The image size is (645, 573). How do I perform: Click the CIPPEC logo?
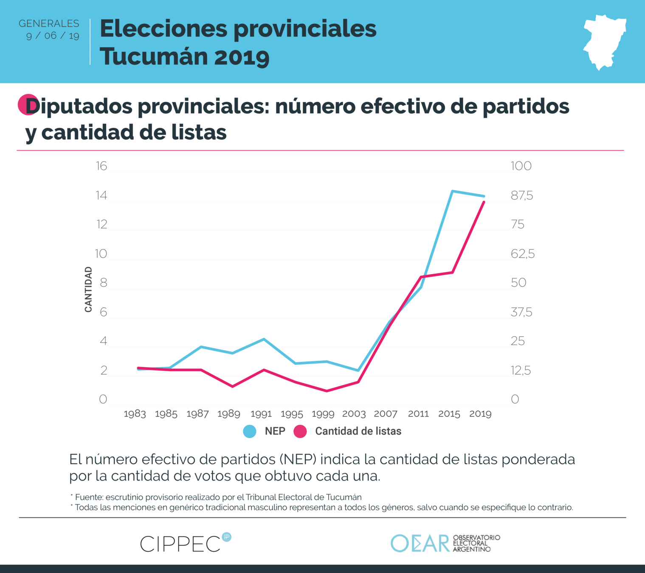185,543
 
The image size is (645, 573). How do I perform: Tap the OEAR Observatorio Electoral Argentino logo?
445,543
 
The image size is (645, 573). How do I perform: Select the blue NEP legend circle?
250,431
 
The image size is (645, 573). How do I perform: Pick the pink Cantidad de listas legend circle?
300,431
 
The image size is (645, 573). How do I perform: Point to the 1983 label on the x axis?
135,414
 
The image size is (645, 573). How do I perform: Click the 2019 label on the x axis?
480,414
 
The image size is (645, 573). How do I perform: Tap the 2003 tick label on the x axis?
354,414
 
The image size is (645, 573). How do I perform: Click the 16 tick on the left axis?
101,166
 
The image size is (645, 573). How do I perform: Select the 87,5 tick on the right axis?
521,196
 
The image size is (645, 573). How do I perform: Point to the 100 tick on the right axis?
521,166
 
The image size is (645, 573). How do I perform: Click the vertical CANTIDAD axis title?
88,289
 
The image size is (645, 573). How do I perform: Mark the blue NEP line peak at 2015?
453,191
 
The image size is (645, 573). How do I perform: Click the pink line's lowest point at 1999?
327,391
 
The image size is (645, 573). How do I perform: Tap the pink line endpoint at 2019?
484,202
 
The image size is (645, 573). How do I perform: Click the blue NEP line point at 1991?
264,339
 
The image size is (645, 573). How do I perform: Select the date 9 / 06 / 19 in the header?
53,36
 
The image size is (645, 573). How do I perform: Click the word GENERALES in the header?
49,23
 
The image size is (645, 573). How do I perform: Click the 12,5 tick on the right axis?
521,371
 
